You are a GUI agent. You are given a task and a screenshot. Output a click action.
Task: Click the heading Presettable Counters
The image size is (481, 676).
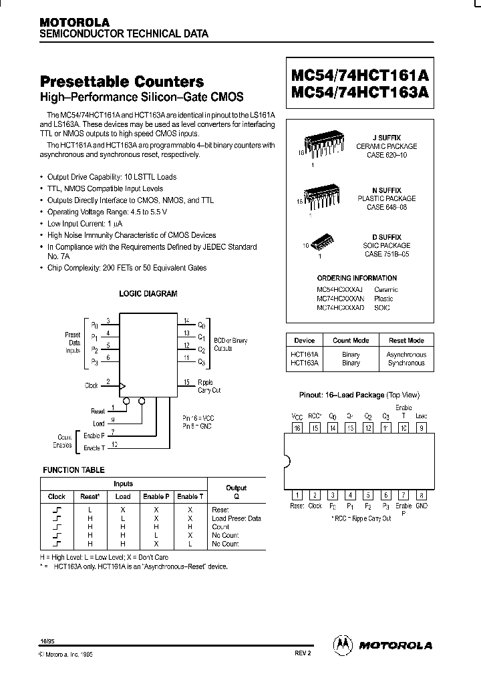click(x=122, y=82)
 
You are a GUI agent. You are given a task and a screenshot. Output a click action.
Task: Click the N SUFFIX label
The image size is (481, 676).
click(x=387, y=190)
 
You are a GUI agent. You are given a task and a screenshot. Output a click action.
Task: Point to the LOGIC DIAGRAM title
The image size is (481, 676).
click(x=148, y=293)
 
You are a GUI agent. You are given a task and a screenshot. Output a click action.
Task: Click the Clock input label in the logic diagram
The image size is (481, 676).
click(x=92, y=385)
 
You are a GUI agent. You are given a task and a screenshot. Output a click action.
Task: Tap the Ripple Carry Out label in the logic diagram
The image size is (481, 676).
click(x=209, y=386)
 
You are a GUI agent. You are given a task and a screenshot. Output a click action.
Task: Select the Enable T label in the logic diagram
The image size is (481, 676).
click(x=94, y=448)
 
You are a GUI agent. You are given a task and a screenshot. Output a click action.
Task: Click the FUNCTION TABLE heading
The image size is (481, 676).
click(x=73, y=470)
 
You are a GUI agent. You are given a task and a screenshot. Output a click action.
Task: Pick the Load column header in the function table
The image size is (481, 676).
click(x=123, y=496)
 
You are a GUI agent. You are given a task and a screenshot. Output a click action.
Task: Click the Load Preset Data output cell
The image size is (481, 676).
click(x=236, y=518)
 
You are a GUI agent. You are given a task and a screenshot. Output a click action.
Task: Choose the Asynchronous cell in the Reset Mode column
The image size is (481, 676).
click(x=406, y=355)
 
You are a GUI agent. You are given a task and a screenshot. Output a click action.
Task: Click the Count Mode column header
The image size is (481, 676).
click(x=351, y=340)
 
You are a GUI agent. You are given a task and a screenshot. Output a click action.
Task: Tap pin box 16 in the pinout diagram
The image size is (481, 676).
click(x=297, y=428)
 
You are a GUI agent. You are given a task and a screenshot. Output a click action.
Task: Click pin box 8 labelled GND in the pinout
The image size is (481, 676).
click(x=421, y=495)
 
